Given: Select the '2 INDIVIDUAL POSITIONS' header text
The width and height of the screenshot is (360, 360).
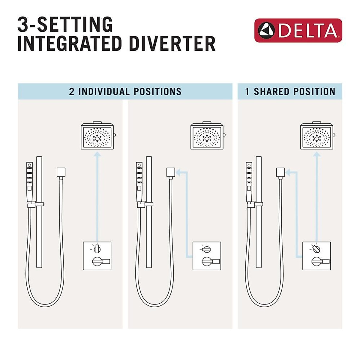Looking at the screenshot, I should tap(125, 91).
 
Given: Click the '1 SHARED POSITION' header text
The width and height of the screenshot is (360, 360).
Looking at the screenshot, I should tap(290, 91).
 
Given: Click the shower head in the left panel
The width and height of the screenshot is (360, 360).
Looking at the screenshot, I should tap(97, 136).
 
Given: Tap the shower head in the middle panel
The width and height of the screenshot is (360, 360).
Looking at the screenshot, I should tap(207, 136).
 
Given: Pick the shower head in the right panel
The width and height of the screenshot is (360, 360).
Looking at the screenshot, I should tap(316, 136).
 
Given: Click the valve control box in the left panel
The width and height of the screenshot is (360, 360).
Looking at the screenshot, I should tap(97, 256).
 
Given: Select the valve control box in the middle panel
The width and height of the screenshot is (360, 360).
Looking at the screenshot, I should tap(207, 256).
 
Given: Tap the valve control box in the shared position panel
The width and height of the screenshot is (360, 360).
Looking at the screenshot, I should tap(316, 256).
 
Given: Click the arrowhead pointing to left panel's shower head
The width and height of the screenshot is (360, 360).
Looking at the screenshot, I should tap(97, 154).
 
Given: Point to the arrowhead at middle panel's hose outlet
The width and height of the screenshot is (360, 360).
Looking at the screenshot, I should tap(178, 172).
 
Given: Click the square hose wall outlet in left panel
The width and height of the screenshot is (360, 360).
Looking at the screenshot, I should tap(61, 172).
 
